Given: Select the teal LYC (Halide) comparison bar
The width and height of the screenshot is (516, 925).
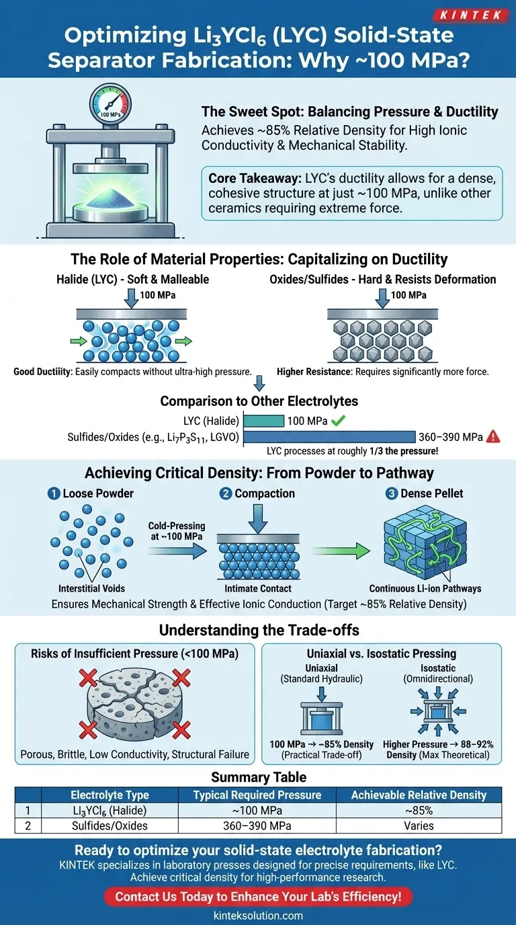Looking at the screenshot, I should [x=263, y=421].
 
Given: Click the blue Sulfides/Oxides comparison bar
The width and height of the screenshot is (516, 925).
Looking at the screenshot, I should [x=329, y=436].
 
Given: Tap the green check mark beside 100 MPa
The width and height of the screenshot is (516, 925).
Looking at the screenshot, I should [x=338, y=421].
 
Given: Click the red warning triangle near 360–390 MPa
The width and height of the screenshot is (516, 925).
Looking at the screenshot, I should [x=493, y=437].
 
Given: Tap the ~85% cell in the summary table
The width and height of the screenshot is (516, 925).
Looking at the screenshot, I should [x=419, y=810].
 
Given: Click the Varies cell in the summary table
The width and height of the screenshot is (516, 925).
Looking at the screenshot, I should [x=419, y=826].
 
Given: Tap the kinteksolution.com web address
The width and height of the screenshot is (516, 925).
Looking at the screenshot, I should [x=258, y=915].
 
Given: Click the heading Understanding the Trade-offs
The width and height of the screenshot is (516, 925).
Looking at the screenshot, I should [x=258, y=631].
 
